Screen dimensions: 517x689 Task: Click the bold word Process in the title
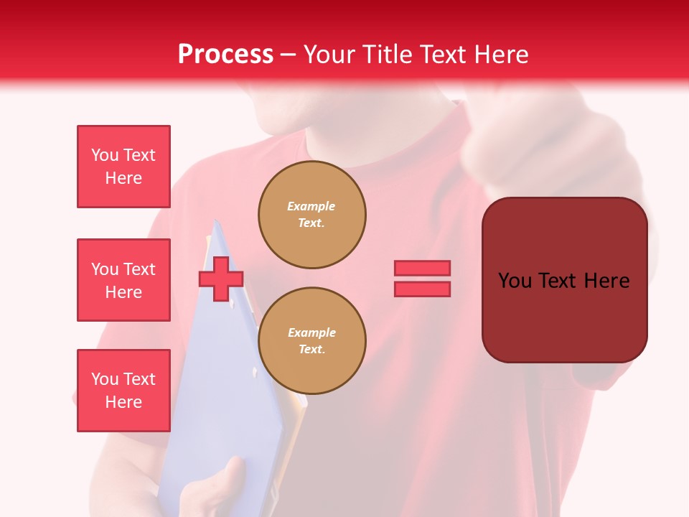(x=225, y=55)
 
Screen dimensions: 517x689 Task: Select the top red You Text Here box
(x=123, y=167)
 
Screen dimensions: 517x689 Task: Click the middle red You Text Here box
(x=123, y=280)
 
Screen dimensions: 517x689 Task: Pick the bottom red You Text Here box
(x=123, y=391)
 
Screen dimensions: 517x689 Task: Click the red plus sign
(x=221, y=279)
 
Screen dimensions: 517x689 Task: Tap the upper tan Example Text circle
(x=312, y=215)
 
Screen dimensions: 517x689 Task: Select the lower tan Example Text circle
(x=312, y=341)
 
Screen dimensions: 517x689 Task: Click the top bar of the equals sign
(x=423, y=268)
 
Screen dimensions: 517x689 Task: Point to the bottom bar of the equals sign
(x=423, y=289)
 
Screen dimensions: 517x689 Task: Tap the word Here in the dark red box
(x=606, y=280)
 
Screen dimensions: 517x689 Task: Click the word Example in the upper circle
(x=311, y=206)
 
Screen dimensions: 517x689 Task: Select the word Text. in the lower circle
(x=311, y=350)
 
